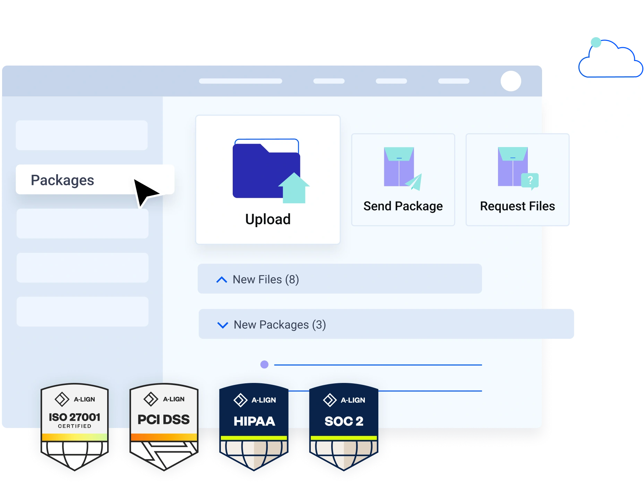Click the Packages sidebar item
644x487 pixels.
click(62, 180)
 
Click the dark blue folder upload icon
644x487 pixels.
click(262, 170)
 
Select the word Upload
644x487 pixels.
click(268, 219)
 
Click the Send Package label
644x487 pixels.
click(403, 206)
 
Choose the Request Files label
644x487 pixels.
click(517, 206)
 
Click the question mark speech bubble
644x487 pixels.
click(530, 181)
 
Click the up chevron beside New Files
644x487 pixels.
click(222, 280)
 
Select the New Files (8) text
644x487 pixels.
click(266, 280)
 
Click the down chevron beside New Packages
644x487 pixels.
click(222, 325)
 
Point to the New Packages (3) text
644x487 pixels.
click(280, 325)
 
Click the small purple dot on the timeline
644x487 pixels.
click(264, 365)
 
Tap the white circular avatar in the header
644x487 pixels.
click(511, 81)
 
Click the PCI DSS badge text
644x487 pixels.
click(164, 420)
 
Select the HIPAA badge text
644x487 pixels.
click(254, 421)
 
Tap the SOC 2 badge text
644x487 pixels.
click(344, 421)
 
